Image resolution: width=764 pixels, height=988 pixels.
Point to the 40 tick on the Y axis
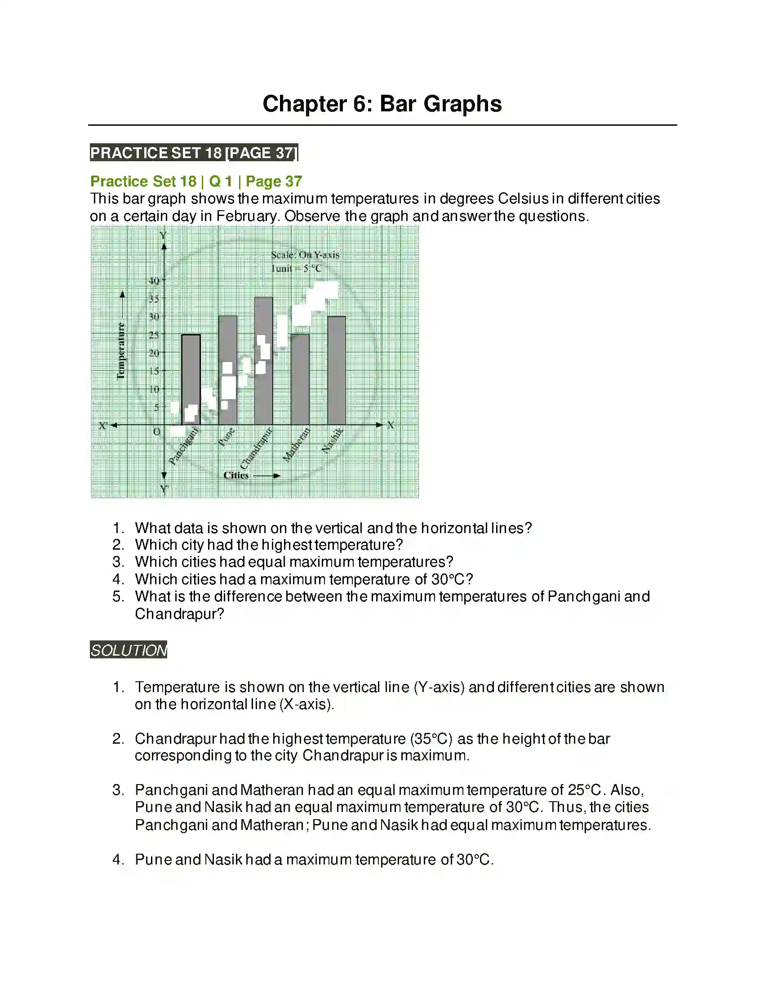(x=154, y=281)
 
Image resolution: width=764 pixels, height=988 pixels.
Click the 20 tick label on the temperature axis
(x=154, y=353)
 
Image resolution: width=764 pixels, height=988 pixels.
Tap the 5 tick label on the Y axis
(x=156, y=407)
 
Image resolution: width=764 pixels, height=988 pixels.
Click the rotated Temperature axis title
(x=121, y=351)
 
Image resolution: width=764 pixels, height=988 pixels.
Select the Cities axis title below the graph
(x=236, y=475)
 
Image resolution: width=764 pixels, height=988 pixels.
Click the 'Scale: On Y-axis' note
(x=305, y=255)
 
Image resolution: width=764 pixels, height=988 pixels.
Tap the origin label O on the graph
(x=156, y=432)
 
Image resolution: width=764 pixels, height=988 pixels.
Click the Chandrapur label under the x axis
(x=256, y=448)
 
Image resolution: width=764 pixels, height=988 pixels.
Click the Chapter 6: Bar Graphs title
(x=382, y=104)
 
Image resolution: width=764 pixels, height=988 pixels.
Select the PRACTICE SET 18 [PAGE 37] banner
(x=194, y=153)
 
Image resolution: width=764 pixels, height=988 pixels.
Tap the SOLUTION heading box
(x=129, y=650)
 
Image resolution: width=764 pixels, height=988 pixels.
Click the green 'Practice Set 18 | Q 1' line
(x=196, y=181)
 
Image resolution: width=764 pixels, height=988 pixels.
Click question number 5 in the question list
(x=118, y=597)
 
